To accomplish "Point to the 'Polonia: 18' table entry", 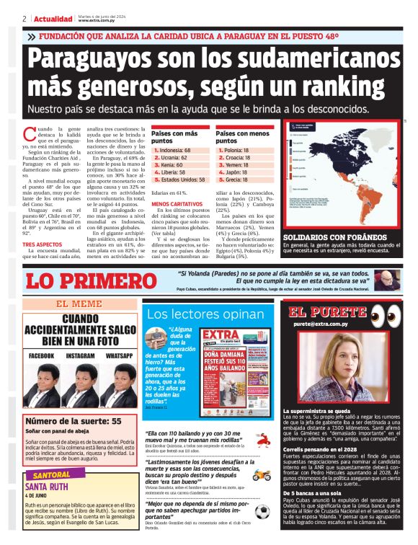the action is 234,150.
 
